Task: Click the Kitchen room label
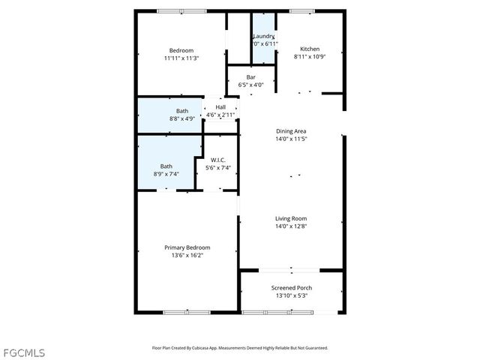310,49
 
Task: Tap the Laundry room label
263,36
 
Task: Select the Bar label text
251,77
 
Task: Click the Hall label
220,107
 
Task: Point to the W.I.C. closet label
218,160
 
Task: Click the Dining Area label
292,130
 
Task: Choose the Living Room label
292,218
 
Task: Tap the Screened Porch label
292,287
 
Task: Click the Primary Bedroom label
187,247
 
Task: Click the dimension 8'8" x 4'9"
162,118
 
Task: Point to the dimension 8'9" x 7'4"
166,174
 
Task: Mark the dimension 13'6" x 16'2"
187,256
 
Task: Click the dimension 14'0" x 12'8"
292,226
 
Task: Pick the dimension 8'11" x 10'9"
310,57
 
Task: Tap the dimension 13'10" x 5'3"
292,295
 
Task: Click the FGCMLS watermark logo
23,351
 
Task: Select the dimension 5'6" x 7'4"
218,168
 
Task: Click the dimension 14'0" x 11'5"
292,139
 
